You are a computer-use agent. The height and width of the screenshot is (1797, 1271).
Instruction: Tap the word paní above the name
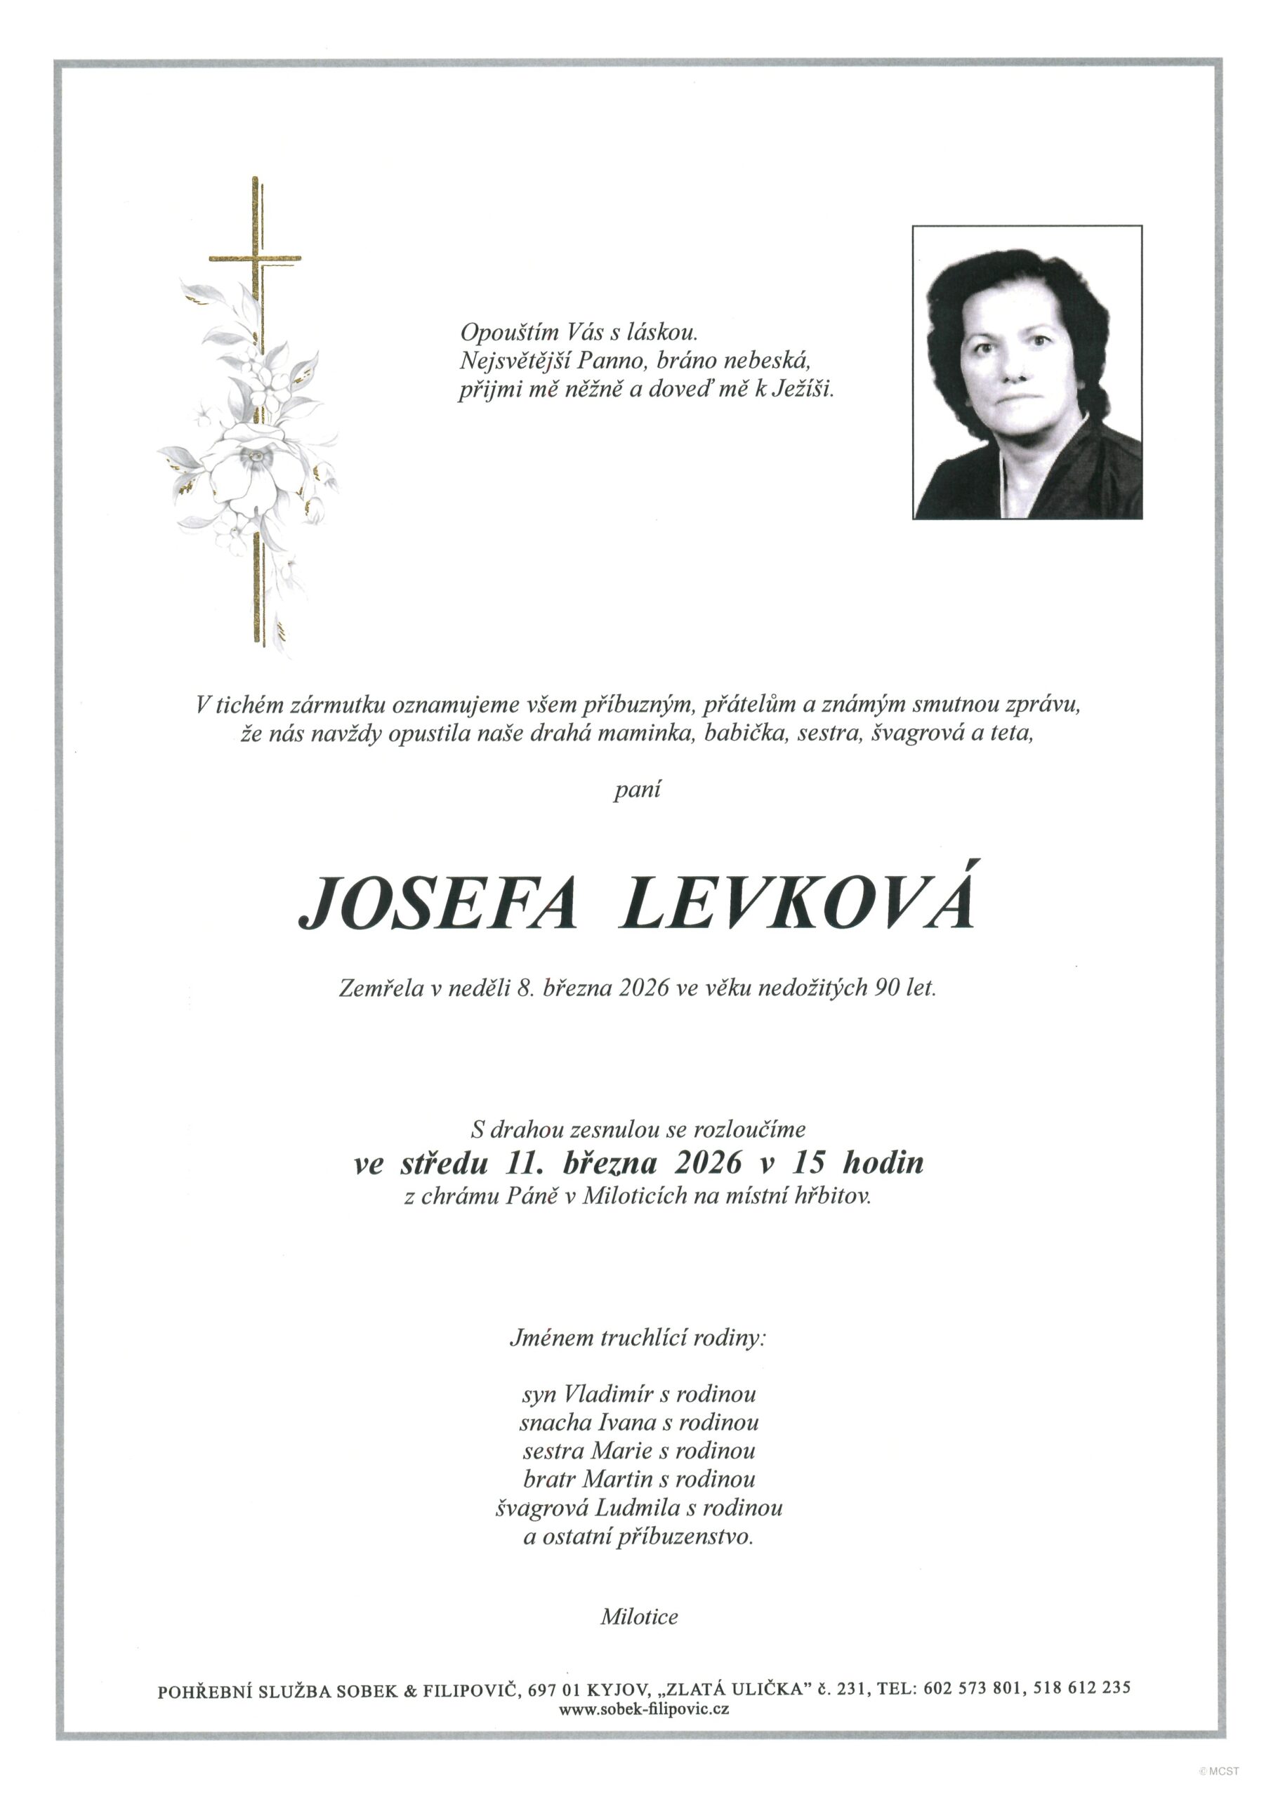coord(637,790)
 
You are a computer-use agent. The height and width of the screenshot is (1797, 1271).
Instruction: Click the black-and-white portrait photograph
coord(1027,372)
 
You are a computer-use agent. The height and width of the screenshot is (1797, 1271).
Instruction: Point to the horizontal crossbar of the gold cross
coord(256,258)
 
